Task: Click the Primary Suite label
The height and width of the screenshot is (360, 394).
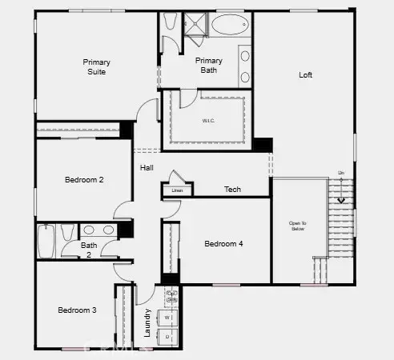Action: pyautogui.click(x=96, y=66)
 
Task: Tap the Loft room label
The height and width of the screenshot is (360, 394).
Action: pyautogui.click(x=305, y=75)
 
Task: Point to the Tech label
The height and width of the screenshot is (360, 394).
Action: pyautogui.click(x=232, y=190)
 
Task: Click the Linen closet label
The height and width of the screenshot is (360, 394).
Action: pyautogui.click(x=178, y=190)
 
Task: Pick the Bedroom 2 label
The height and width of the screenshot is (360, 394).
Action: pyautogui.click(x=84, y=180)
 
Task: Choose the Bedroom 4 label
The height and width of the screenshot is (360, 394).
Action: pyautogui.click(x=223, y=244)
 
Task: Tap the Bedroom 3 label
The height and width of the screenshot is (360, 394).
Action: pyautogui.click(x=77, y=310)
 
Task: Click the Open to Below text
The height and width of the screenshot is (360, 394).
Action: pyautogui.click(x=297, y=225)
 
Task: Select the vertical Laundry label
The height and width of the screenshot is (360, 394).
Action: pyautogui.click(x=147, y=323)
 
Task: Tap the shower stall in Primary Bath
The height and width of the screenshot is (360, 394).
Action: pyautogui.click(x=195, y=26)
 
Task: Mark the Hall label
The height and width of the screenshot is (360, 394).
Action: pyautogui.click(x=147, y=168)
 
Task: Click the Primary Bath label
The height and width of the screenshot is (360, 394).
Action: pyautogui.click(x=209, y=65)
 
